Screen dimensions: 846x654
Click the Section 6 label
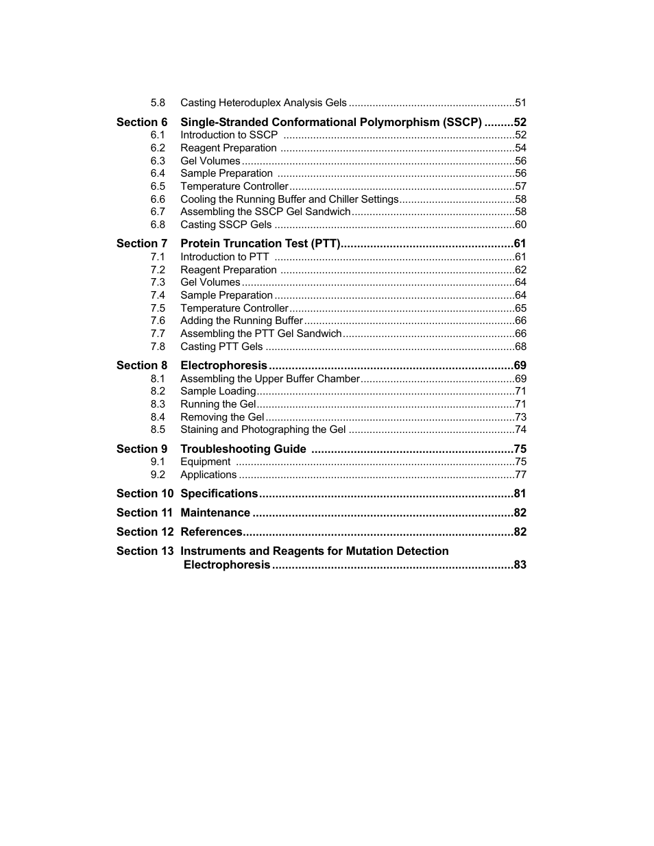tap(141, 122)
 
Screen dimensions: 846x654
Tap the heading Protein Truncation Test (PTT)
tap(261, 244)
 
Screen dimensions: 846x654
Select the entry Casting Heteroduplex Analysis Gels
tap(263, 103)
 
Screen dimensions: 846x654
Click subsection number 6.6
tap(158, 199)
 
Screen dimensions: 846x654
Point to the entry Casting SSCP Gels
tap(226, 225)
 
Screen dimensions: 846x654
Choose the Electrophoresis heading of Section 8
tap(223, 366)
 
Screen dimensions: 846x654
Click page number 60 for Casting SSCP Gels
tap(520, 225)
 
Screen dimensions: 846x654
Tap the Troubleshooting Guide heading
tap(243, 449)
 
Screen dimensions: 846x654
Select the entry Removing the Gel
tap(221, 417)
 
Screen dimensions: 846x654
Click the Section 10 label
tap(145, 494)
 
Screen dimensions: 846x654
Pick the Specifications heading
tap(219, 494)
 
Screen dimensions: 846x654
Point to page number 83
tap(520, 565)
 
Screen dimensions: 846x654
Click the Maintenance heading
tap(215, 513)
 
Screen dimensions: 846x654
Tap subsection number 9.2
tap(158, 475)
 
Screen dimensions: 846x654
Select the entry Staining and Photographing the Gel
tap(263, 430)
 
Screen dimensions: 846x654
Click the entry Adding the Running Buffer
tap(241, 321)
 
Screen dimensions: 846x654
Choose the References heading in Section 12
tap(211, 532)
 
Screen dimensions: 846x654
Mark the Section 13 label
tap(145, 551)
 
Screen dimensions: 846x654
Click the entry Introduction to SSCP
tap(229, 135)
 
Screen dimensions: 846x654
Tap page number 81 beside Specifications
tap(520, 494)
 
